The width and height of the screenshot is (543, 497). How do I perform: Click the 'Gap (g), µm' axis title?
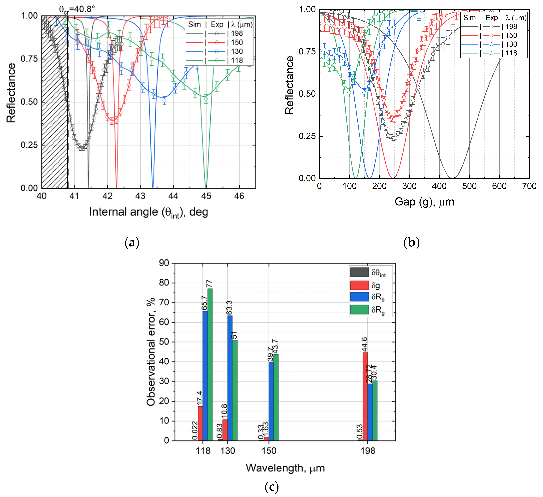pyautogui.click(x=424, y=202)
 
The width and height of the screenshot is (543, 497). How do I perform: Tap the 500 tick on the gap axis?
pyautogui.click(x=469, y=186)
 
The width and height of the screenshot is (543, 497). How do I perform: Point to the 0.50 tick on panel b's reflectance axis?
pyautogui.click(x=307, y=94)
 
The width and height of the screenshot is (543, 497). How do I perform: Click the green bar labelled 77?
pyautogui.click(x=210, y=363)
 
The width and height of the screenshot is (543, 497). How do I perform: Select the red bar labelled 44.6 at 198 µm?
pyautogui.click(x=365, y=396)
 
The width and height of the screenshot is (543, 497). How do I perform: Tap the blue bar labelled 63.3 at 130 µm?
pyautogui.click(x=230, y=377)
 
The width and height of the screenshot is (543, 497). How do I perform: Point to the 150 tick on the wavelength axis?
pyautogui.click(x=269, y=451)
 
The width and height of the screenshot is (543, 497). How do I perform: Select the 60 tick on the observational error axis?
pyautogui.click(x=164, y=322)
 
